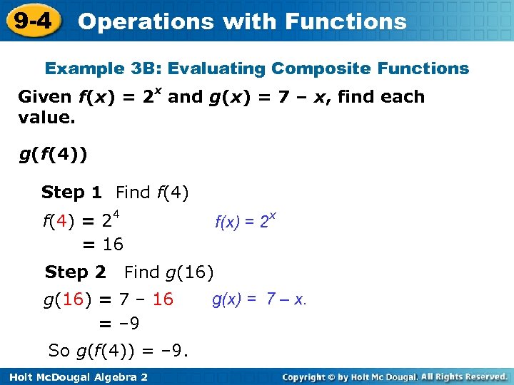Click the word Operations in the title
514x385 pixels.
tap(146, 21)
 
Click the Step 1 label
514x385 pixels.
tap(71, 192)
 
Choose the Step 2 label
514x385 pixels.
tap(75, 272)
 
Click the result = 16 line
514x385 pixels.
tap(103, 245)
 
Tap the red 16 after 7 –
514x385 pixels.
tap(163, 299)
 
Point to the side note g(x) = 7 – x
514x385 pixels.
tap(259, 299)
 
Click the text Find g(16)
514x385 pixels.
tap(168, 272)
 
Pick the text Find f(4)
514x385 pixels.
tap(152, 192)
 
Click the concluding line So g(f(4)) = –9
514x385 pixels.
tap(118, 351)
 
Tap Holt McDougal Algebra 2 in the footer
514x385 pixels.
tap(75, 376)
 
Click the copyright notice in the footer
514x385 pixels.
tap(394, 376)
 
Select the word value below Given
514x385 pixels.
tap(46, 117)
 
